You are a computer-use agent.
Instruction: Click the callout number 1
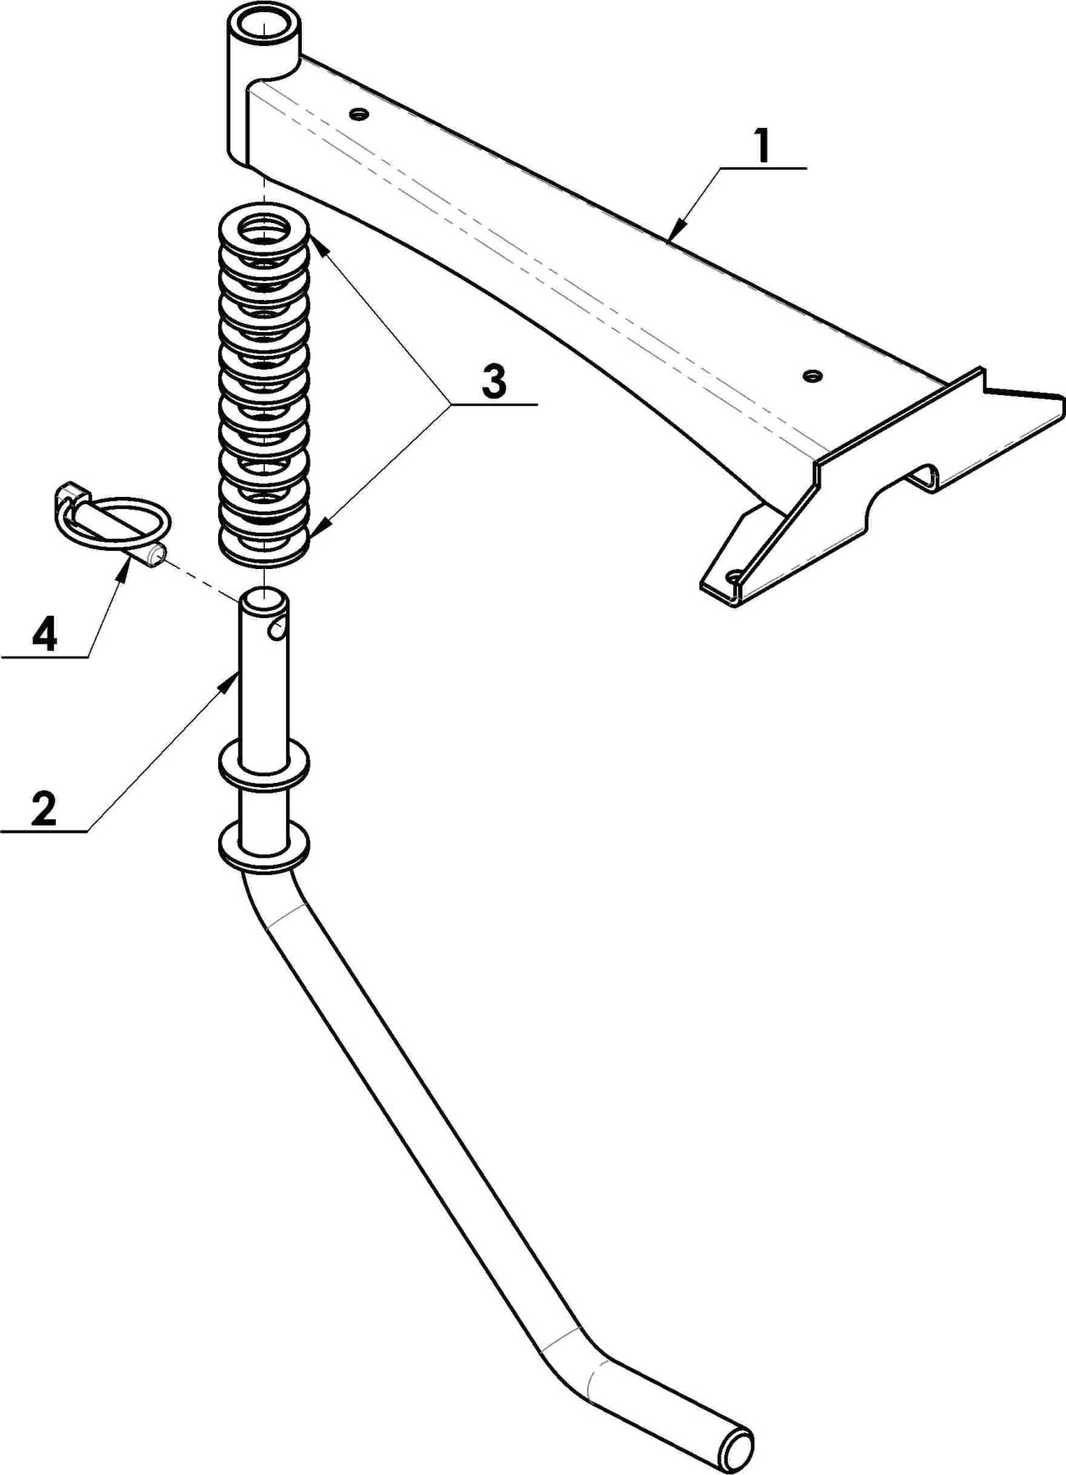pyautogui.click(x=763, y=146)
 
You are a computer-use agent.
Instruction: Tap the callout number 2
pyautogui.click(x=43, y=808)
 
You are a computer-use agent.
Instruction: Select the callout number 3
pyautogui.click(x=494, y=383)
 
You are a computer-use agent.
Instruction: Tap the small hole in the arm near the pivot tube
pyautogui.click(x=357, y=113)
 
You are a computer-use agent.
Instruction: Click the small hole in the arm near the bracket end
pyautogui.click(x=812, y=376)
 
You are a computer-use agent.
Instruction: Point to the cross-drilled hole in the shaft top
pyautogui.click(x=278, y=629)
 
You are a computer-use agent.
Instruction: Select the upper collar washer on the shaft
pyautogui.click(x=264, y=763)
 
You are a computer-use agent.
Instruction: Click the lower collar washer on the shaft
pyautogui.click(x=264, y=846)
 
